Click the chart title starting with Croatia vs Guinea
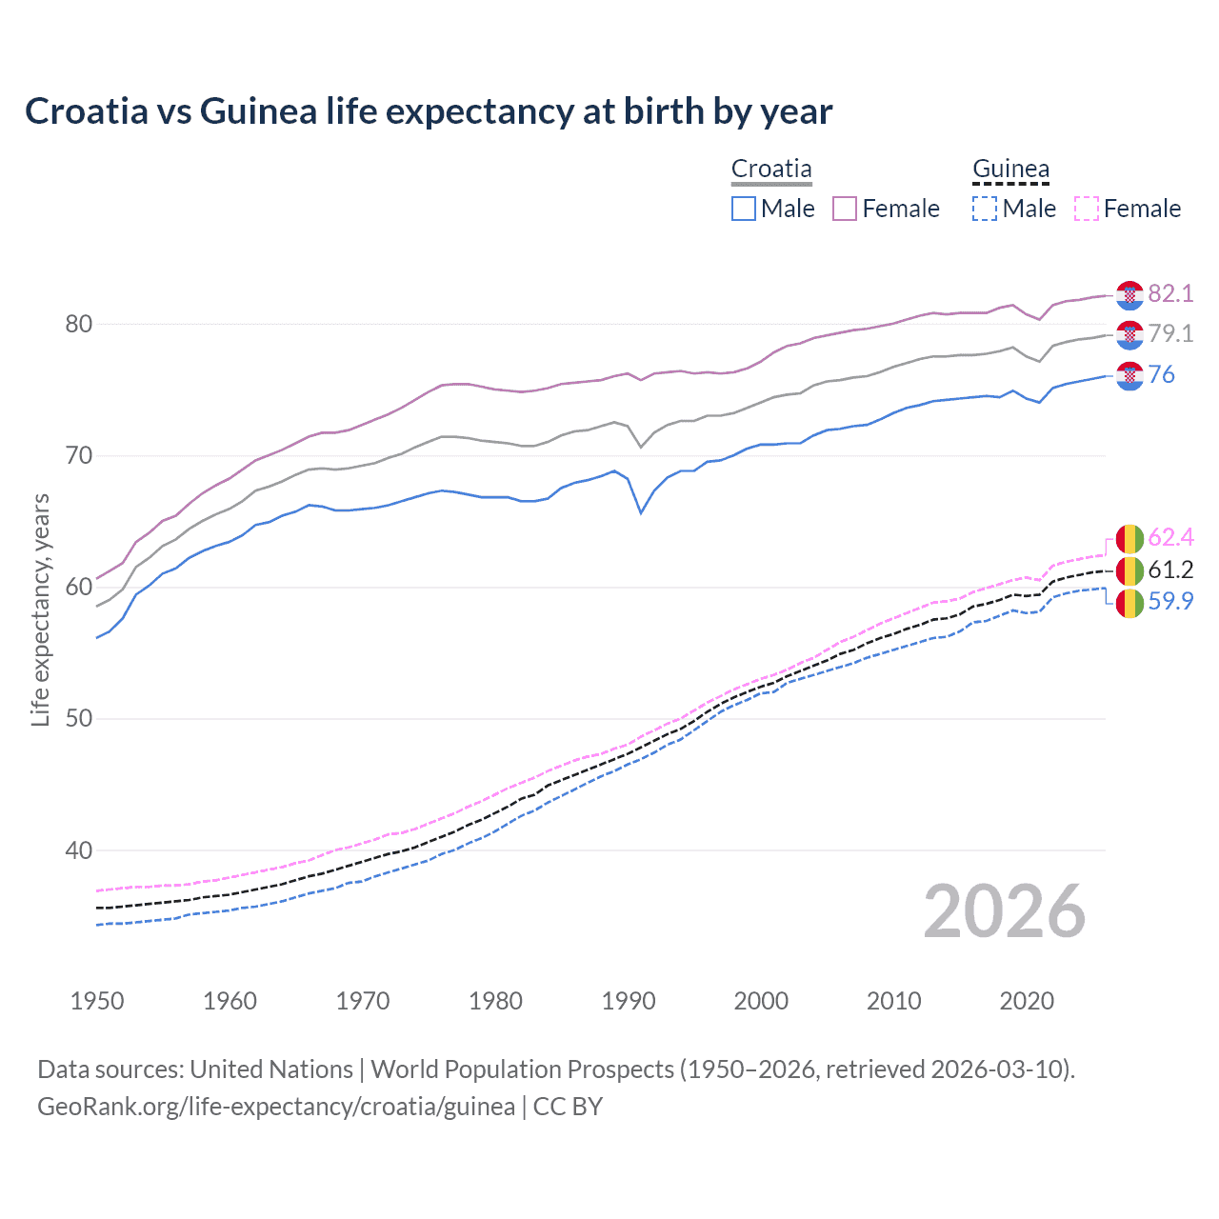click(x=429, y=111)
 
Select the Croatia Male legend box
click(x=744, y=209)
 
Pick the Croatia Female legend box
click(x=845, y=209)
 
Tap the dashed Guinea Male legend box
click(x=985, y=209)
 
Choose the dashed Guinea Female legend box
click(x=1086, y=209)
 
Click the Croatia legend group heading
click(x=771, y=169)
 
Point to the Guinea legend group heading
click(x=1010, y=169)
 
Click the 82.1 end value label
click(x=1170, y=293)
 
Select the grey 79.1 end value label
click(x=1170, y=333)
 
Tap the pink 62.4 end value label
click(x=1170, y=538)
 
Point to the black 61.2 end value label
click(x=1170, y=570)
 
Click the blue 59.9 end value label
click(x=1170, y=601)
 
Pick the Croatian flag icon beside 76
click(x=1129, y=375)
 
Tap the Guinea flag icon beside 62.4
click(x=1129, y=539)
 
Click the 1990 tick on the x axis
click(x=629, y=1001)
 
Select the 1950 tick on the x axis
click(x=97, y=1001)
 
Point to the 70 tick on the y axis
click(x=78, y=455)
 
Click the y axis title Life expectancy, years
click(x=40, y=609)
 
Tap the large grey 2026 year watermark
click(x=1005, y=911)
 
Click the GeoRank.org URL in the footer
click(x=276, y=1107)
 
